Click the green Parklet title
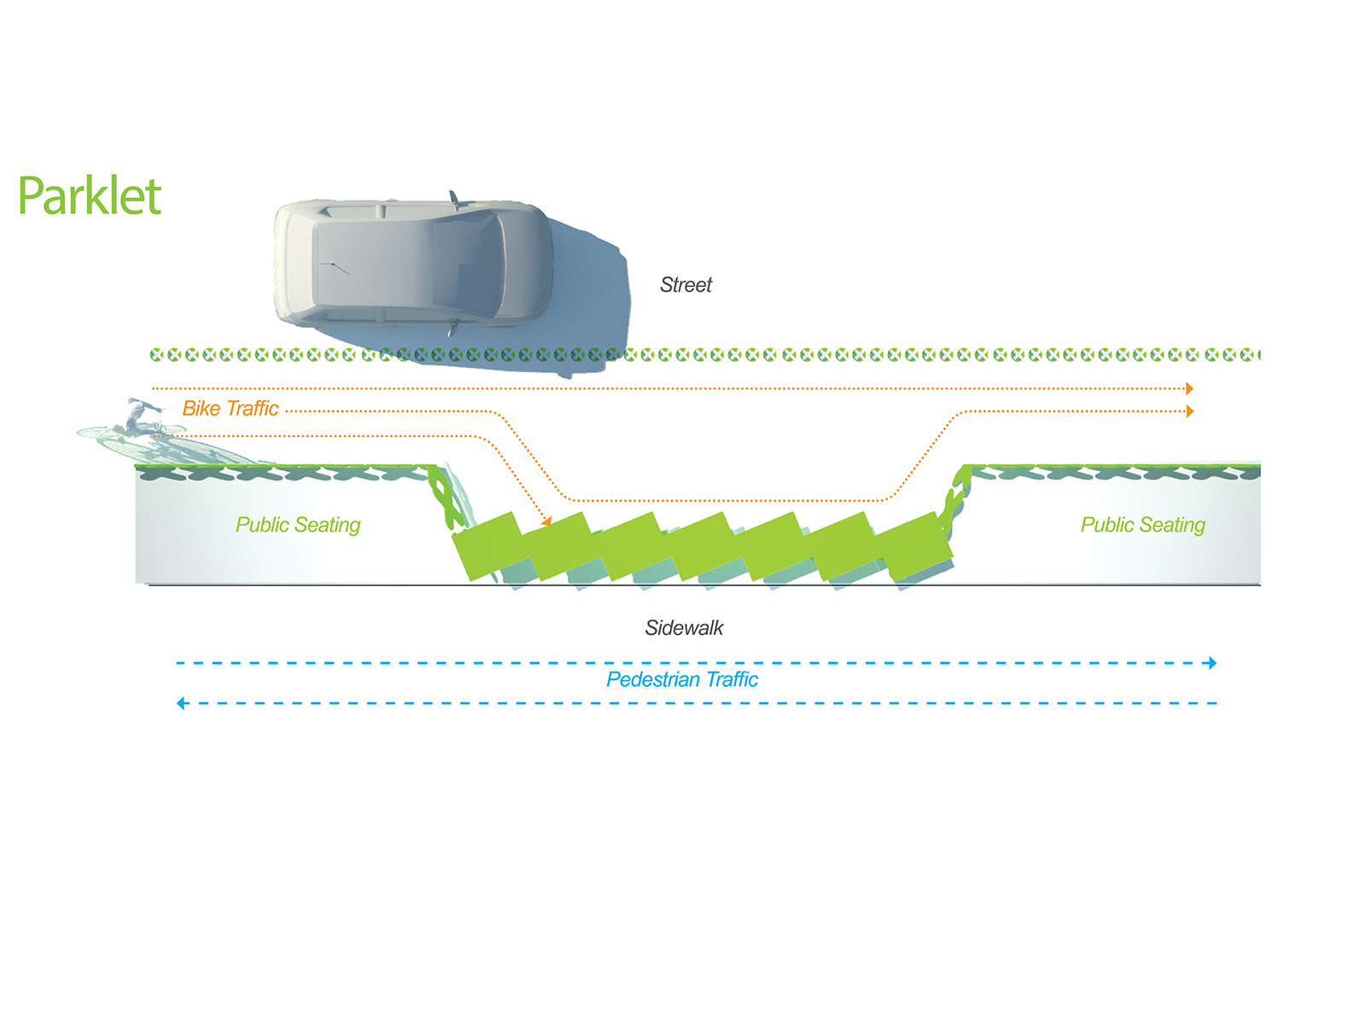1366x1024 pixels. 90,196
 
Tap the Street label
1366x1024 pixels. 686,285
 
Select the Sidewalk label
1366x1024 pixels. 684,628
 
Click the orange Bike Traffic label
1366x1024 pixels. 231,409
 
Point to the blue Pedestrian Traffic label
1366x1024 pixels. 682,679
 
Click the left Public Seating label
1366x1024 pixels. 297,526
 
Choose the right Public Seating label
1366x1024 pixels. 1142,526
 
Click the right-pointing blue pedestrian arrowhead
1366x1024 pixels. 1212,663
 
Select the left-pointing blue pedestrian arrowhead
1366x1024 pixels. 181,703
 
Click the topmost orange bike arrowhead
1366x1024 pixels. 1189,388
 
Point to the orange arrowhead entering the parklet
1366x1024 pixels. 546,521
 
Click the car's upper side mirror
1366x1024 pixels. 454,199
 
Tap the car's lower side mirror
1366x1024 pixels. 453,328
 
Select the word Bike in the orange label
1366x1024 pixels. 201,409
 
